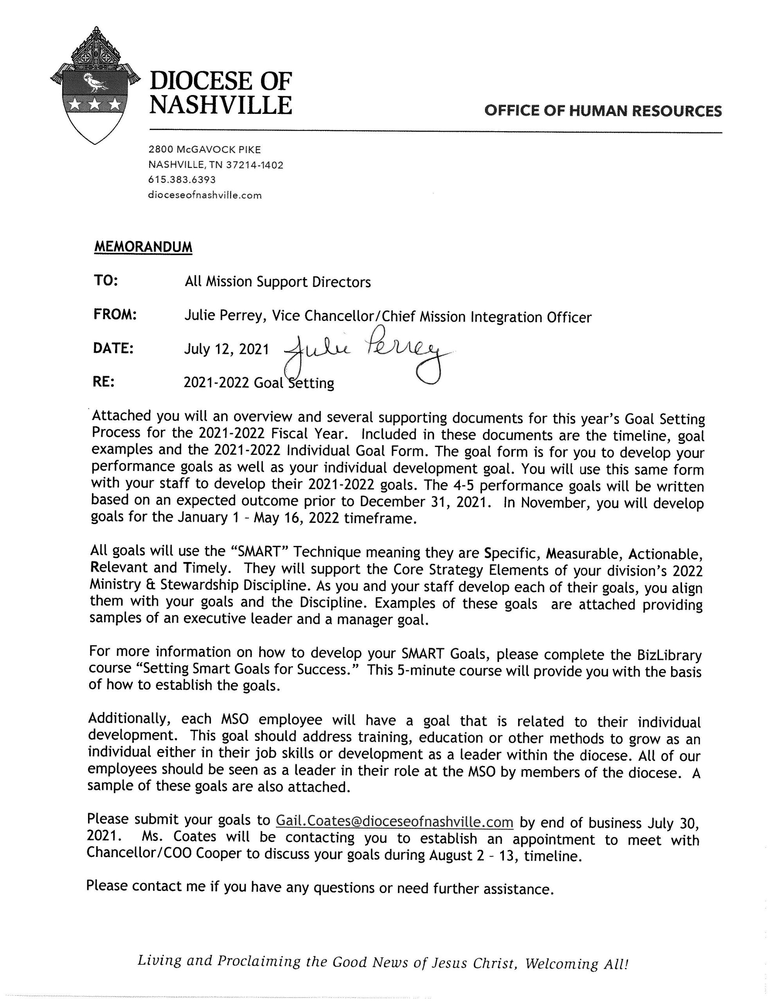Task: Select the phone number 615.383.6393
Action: (x=182, y=180)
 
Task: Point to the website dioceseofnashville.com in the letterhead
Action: (x=205, y=195)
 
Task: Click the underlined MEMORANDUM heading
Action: (x=143, y=247)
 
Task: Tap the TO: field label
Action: (x=106, y=280)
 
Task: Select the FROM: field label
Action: (x=115, y=315)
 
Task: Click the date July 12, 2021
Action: (x=226, y=350)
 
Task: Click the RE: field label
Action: (x=103, y=382)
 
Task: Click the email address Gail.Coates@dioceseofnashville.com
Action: (x=394, y=821)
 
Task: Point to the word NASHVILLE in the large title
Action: (x=221, y=105)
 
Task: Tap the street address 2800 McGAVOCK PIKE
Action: (x=205, y=149)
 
